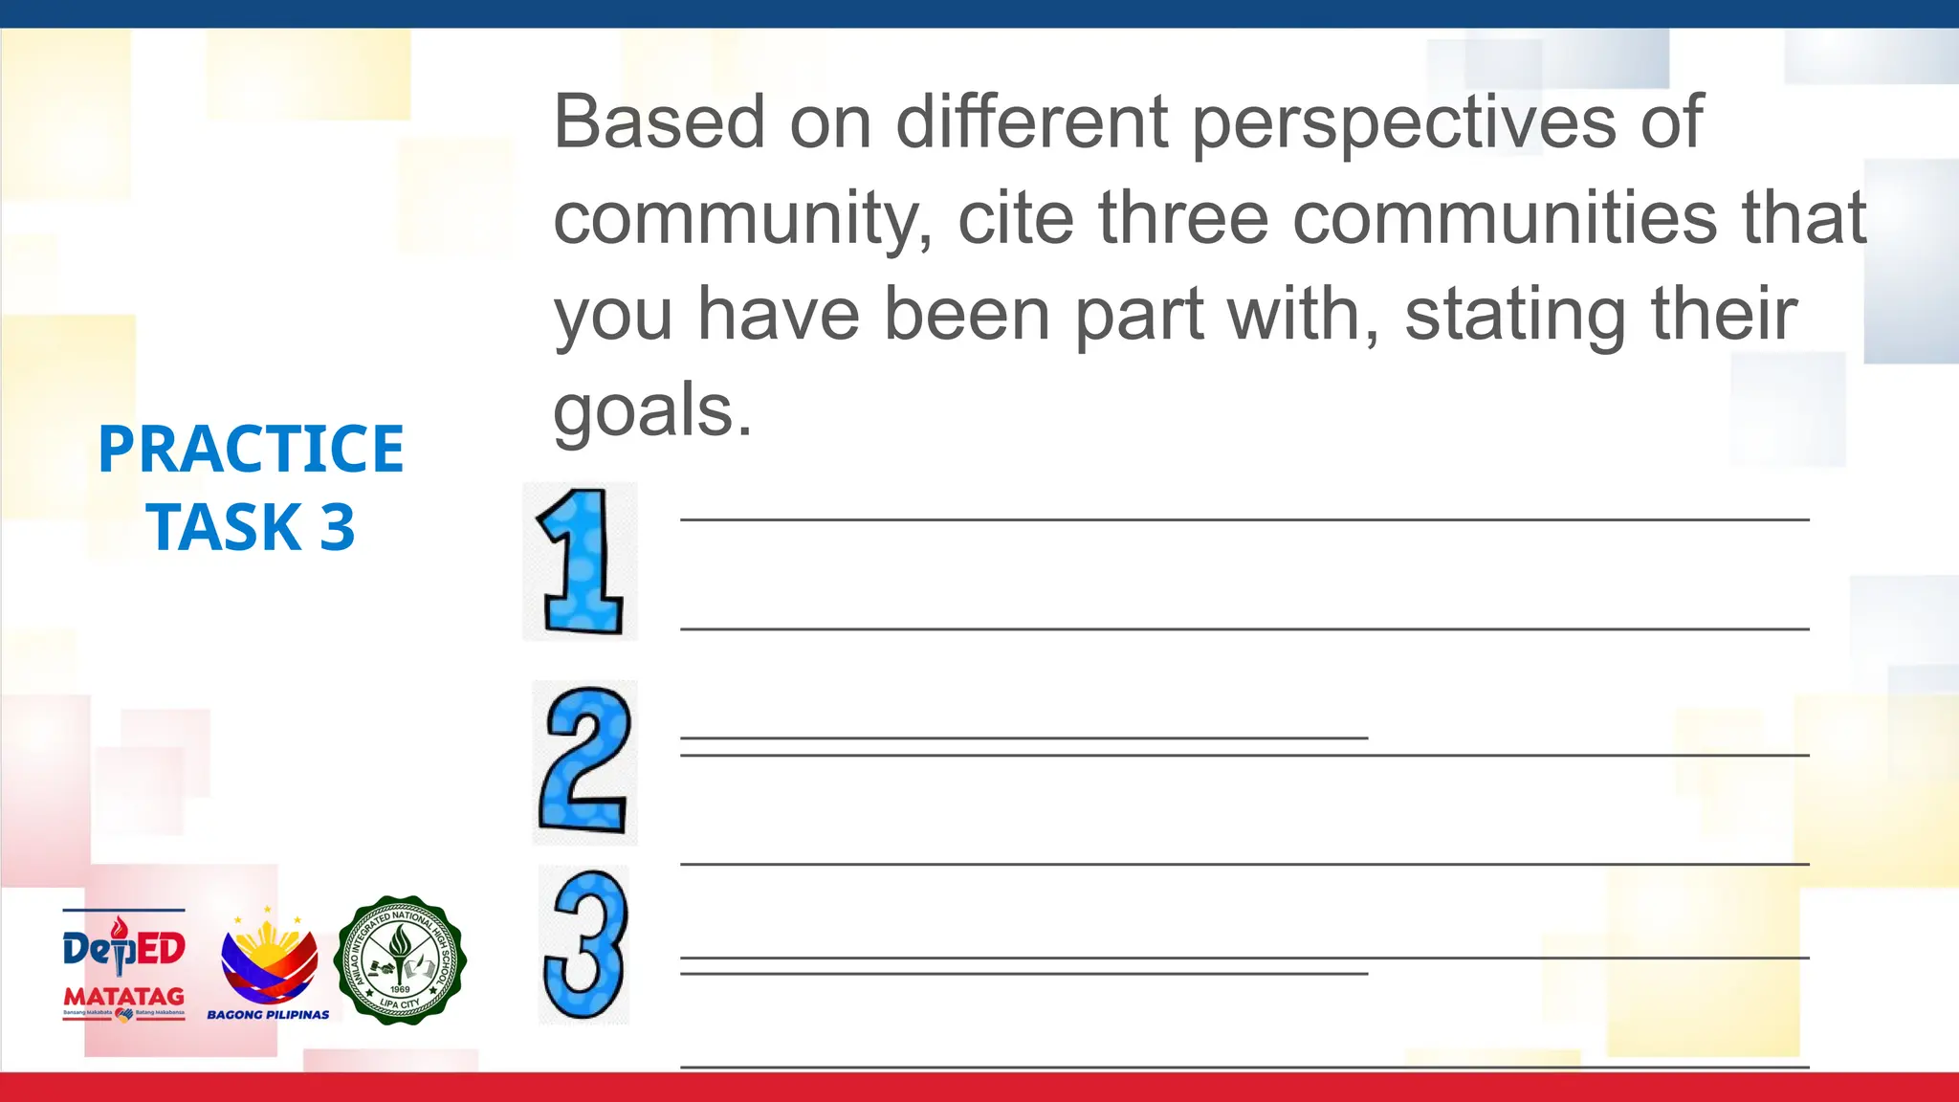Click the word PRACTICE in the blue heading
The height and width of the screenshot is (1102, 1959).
point(251,450)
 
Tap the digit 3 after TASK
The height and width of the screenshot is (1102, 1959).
point(338,528)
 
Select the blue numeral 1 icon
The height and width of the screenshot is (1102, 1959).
point(581,562)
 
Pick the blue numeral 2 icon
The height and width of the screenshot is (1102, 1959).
point(584,761)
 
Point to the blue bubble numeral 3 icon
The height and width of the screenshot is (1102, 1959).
point(584,944)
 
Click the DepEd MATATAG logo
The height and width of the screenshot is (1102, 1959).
point(123,965)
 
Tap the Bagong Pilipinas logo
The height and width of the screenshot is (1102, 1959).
point(269,965)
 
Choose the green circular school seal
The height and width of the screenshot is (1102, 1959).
point(400,960)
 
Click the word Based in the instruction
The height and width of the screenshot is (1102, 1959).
point(659,122)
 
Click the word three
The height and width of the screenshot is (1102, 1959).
point(1183,218)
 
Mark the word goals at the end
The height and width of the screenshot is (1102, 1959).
point(652,411)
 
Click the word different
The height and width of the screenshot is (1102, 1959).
point(1031,122)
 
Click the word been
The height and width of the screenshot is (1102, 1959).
point(967,314)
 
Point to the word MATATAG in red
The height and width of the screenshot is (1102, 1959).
point(123,996)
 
